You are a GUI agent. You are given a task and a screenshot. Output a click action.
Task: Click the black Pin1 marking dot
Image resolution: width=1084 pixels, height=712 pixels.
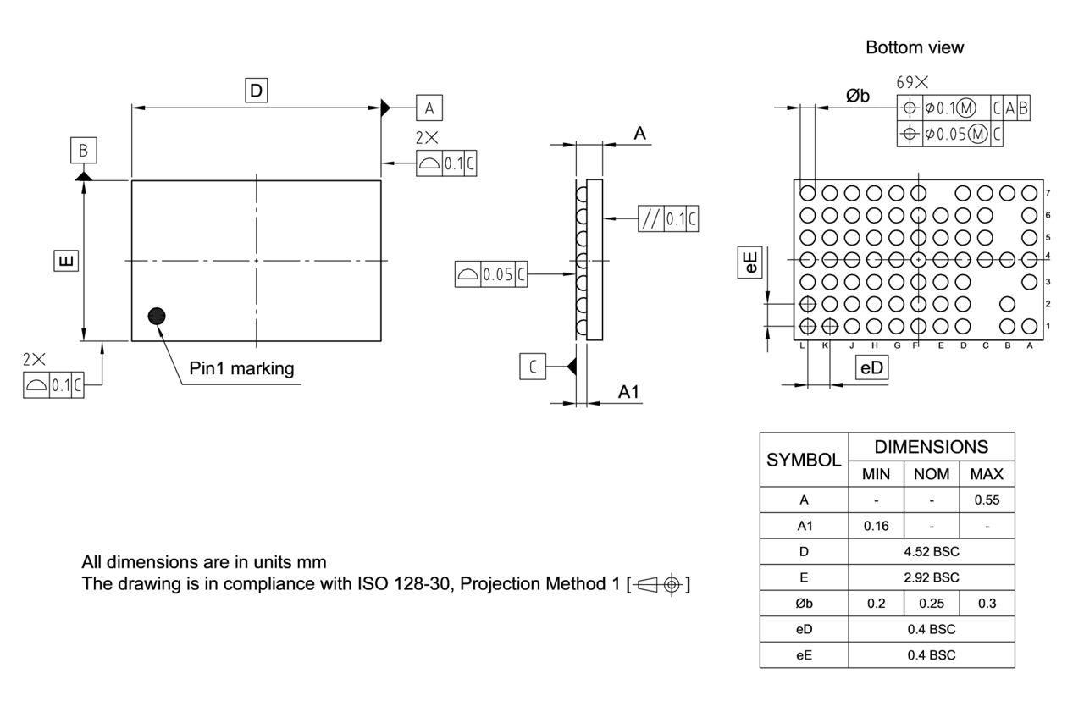[157, 317]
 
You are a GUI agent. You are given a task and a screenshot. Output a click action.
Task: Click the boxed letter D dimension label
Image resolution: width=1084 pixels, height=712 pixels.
[257, 90]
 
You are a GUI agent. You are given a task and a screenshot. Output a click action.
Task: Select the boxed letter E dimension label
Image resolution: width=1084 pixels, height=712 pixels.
[64, 261]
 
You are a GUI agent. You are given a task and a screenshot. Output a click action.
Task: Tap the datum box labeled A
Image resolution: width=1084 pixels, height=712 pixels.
[429, 108]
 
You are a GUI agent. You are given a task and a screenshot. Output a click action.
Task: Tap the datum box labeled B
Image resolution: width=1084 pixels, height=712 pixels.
[83, 151]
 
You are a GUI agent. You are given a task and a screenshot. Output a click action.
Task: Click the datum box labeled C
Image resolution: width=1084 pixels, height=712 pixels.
[533, 367]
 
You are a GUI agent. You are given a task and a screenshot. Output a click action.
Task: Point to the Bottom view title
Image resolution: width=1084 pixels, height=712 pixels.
[914, 47]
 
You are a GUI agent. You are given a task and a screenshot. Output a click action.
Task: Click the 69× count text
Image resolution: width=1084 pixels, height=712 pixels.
[912, 82]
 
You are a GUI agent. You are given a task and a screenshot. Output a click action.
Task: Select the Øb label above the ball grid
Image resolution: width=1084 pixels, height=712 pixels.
[858, 96]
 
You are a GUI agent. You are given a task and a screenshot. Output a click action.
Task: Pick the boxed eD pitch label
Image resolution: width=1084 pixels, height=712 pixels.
[871, 367]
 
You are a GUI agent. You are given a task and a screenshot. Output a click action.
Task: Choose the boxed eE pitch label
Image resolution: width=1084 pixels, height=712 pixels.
[751, 262]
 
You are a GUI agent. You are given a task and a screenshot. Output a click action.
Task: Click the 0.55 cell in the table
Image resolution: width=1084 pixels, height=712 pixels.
[987, 500]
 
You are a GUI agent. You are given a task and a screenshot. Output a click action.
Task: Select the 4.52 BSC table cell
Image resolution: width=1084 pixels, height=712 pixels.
[931, 552]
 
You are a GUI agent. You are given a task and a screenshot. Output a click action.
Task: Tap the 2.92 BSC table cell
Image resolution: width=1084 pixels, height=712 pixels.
[931, 578]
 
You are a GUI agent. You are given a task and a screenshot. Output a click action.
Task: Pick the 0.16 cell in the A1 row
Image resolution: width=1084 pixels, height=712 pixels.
[876, 526]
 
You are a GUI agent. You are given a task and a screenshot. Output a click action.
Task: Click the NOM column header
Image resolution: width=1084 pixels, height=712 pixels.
[932, 474]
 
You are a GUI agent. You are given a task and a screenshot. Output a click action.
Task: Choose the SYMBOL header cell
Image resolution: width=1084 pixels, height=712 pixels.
[804, 461]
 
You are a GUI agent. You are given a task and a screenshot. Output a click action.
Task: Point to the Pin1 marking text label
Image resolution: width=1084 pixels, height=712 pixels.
[241, 368]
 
